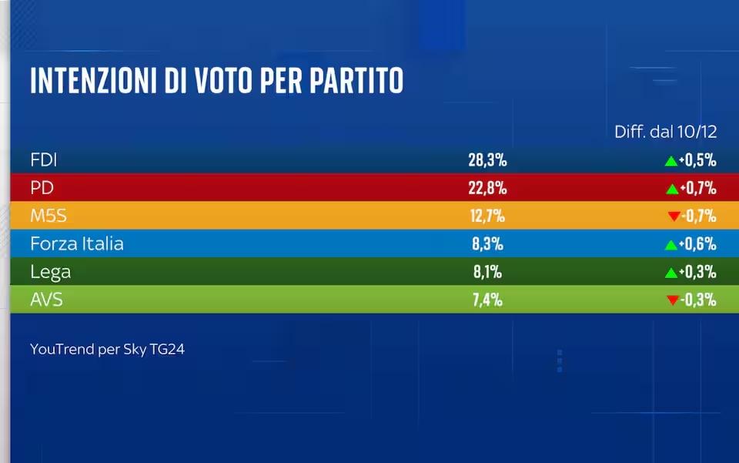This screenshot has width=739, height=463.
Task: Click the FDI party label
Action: point(44,160)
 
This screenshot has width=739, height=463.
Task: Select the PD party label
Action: point(42,188)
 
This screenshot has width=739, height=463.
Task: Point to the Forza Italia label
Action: point(77,244)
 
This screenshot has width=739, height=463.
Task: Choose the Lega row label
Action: point(51,272)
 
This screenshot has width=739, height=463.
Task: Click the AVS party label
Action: point(46,300)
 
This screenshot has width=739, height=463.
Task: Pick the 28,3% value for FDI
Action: point(487,160)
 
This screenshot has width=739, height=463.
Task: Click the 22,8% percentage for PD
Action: point(487,188)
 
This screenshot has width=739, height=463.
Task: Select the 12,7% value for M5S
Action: point(487,216)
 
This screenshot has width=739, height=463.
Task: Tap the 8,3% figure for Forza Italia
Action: point(487,244)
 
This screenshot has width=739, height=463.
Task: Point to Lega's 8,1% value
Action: point(487,272)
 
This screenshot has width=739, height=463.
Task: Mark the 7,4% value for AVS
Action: point(487,300)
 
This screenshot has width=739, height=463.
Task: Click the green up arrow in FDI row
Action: point(670,161)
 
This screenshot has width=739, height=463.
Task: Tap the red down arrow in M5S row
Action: point(673,217)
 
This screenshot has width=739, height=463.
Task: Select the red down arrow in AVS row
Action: point(673,300)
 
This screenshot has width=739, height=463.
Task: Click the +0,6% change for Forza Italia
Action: point(698,244)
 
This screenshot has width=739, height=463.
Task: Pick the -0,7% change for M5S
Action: point(698,216)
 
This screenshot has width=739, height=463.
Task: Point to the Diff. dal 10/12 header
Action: point(665,132)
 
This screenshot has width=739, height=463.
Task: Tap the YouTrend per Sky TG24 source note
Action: point(108,349)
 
